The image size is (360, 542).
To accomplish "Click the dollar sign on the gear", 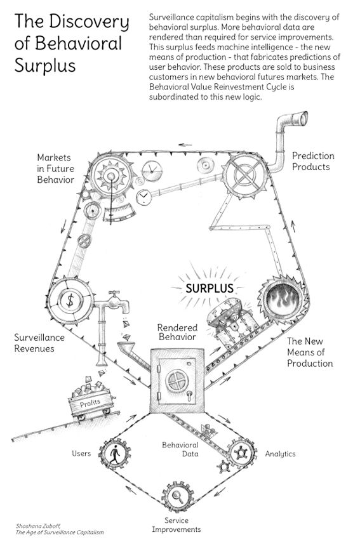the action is (x=70, y=300).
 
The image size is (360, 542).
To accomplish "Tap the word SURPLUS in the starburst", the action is (x=210, y=288).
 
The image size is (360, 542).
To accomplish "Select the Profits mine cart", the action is (x=91, y=400).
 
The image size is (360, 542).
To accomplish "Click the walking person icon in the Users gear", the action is (x=115, y=454).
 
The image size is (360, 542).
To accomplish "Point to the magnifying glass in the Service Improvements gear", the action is (x=177, y=496).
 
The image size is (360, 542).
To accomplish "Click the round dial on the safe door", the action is (x=177, y=381).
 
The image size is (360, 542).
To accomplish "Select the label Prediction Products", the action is (x=313, y=161).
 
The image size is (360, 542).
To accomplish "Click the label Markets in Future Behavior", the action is (x=55, y=169).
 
